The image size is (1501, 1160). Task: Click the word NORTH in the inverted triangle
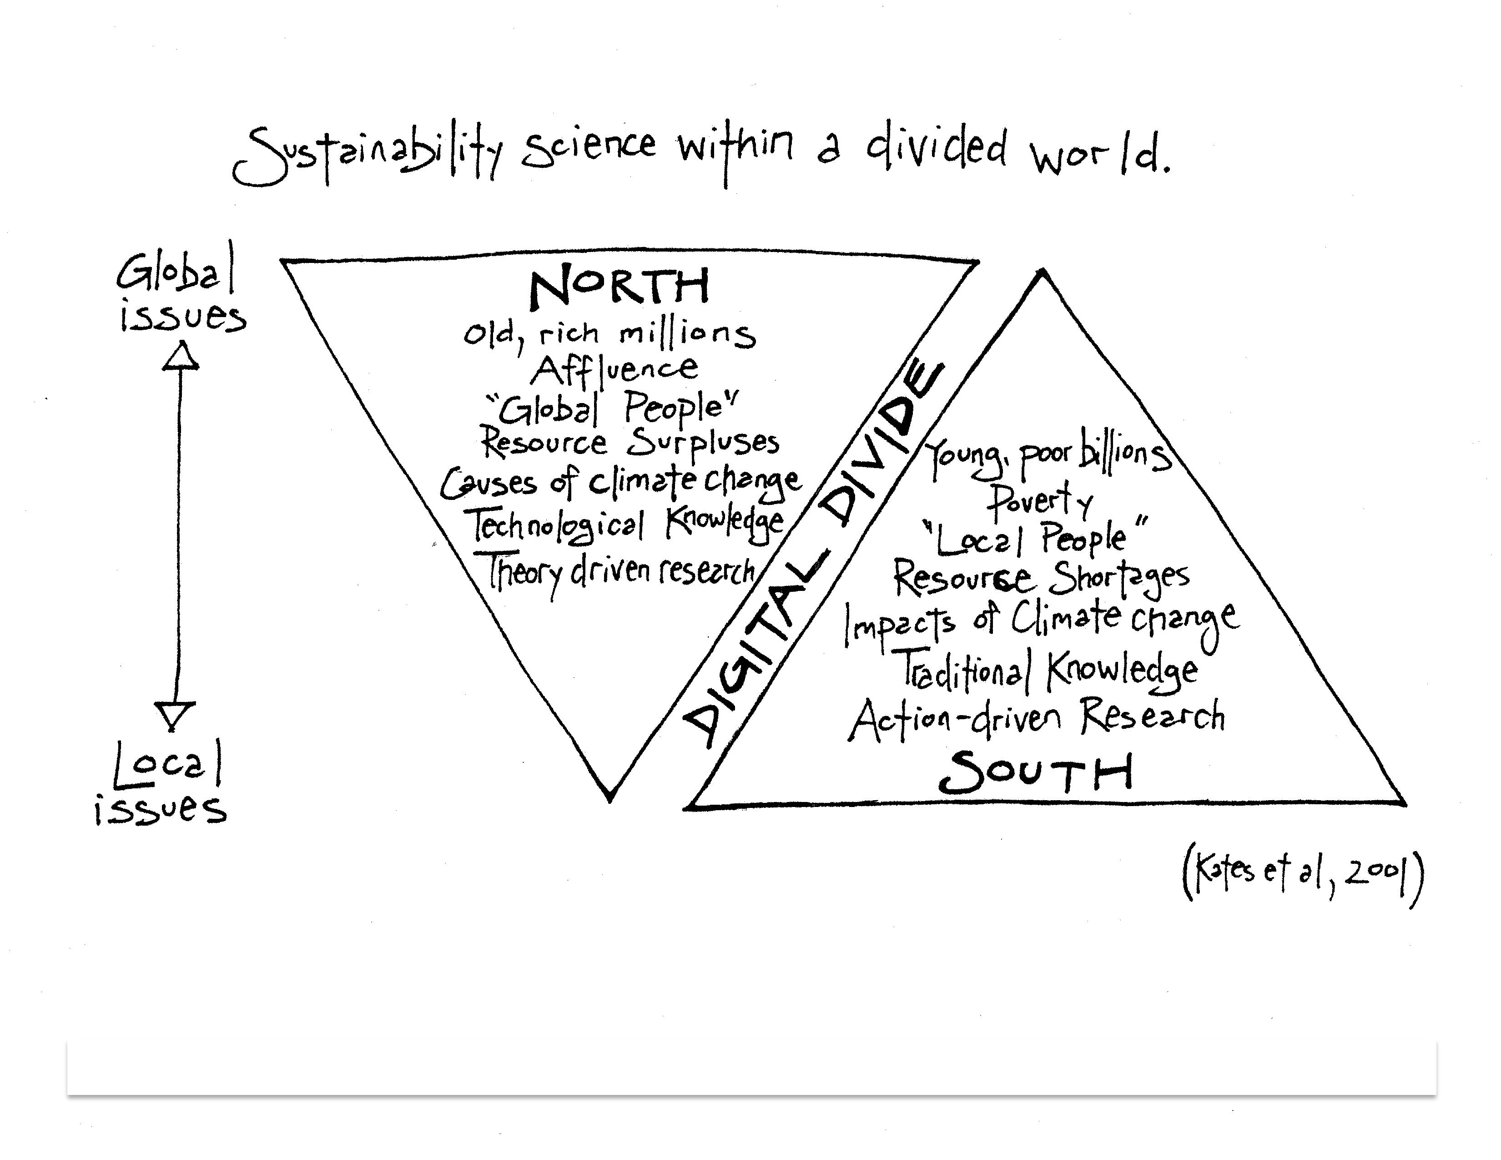click(x=619, y=287)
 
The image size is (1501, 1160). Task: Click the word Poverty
click(x=1038, y=499)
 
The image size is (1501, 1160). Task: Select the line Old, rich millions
click(x=609, y=335)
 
